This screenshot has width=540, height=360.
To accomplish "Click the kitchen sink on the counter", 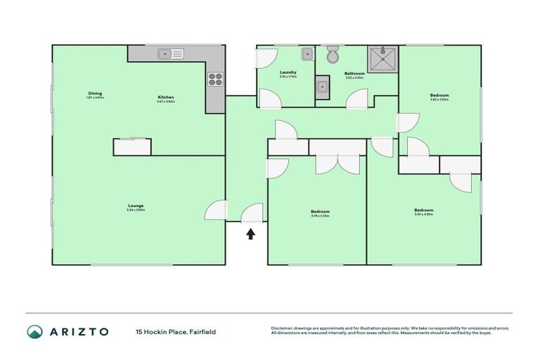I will tap(170, 53).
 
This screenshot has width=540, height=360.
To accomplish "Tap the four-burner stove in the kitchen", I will tap(215, 80).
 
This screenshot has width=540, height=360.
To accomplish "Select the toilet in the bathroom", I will tap(333, 54).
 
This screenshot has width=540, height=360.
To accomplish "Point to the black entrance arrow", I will tap(250, 234).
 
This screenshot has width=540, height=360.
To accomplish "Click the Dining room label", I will tap(95, 94).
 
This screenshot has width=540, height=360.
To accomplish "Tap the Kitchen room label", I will tap(165, 97).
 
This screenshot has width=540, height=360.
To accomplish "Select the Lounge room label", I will tap(136, 205).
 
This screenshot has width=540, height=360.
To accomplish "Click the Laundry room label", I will tap(288, 72).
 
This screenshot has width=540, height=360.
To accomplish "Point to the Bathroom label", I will tap(354, 73).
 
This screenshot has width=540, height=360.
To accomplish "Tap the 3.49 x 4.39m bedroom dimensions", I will tap(423, 214).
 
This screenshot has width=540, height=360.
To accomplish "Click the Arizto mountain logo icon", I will tap(35, 330).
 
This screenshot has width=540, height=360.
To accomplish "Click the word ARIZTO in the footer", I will tap(79, 331).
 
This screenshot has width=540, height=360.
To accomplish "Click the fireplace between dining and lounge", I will tap(132, 146).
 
